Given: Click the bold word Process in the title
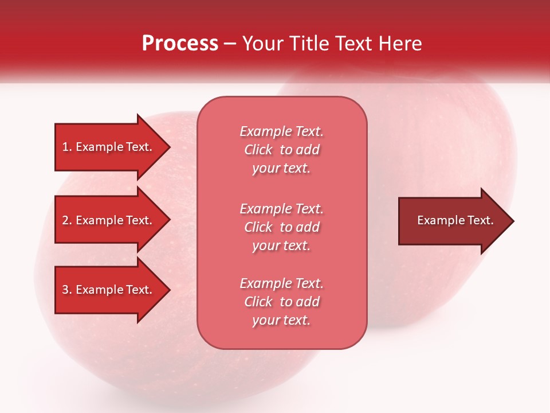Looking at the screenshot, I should pyautogui.click(x=180, y=44).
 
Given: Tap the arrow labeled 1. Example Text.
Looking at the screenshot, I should pyautogui.click(x=109, y=147).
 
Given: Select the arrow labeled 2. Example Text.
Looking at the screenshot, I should pyautogui.click(x=109, y=220).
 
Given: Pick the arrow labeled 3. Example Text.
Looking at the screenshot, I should pyautogui.click(x=109, y=290).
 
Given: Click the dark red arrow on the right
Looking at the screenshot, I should pyautogui.click(x=453, y=221).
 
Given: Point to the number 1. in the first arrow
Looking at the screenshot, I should pyautogui.click(x=67, y=147).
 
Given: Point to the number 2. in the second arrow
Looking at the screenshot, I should pyautogui.click(x=67, y=220).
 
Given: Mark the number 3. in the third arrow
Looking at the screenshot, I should pyautogui.click(x=67, y=290).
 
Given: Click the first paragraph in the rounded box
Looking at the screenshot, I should pyautogui.click(x=281, y=150).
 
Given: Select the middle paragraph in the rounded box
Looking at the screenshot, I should pyautogui.click(x=281, y=227).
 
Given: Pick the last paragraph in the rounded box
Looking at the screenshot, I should pyautogui.click(x=281, y=302).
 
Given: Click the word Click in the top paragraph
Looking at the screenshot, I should pyautogui.click(x=258, y=150).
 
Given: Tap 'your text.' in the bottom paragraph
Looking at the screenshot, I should pyautogui.click(x=281, y=320).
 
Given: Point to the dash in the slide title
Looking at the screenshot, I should pyautogui.click(x=230, y=44).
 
